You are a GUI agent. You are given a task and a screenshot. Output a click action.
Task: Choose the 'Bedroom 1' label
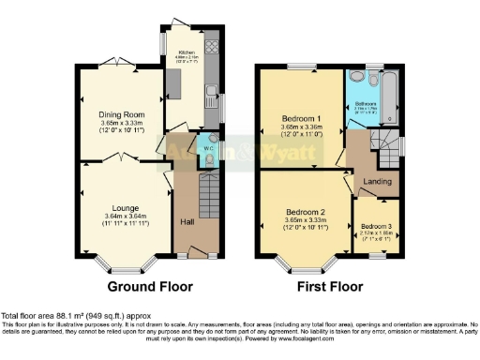[301, 119]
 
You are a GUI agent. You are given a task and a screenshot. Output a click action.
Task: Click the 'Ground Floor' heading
[150, 286]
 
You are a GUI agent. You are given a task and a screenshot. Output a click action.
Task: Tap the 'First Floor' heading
[330, 286]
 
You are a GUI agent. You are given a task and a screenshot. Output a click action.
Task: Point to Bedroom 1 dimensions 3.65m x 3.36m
[301, 127]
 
